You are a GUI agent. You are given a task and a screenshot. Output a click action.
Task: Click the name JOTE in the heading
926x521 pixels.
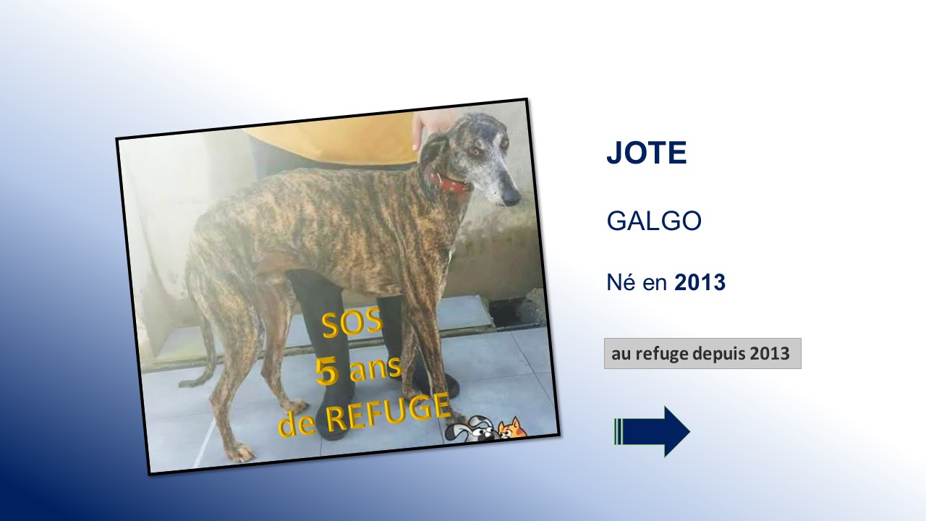[x=647, y=153]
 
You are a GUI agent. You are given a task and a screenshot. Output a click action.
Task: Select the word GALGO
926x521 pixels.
[x=654, y=221]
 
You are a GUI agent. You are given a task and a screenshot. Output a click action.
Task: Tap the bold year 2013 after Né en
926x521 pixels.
[x=700, y=282]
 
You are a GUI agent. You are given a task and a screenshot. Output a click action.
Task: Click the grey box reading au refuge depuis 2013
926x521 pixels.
[x=702, y=354]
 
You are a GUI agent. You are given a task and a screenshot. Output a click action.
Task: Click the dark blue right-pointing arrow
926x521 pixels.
[x=653, y=432]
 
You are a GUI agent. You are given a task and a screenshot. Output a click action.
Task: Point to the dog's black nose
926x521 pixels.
[x=511, y=198]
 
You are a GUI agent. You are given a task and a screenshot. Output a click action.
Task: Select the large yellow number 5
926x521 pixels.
[x=327, y=372]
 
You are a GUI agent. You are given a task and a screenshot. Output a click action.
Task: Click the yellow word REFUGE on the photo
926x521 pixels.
[x=388, y=414]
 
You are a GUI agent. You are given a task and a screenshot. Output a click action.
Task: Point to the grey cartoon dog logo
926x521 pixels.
[x=471, y=428]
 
